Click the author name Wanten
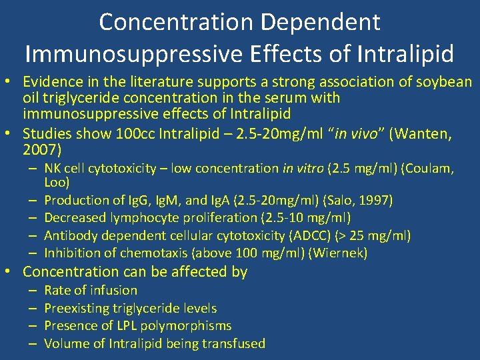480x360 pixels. (x=425, y=135)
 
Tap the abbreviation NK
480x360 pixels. (x=53, y=169)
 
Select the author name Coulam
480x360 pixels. (x=430, y=169)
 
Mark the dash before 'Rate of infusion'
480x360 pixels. (x=32, y=290)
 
